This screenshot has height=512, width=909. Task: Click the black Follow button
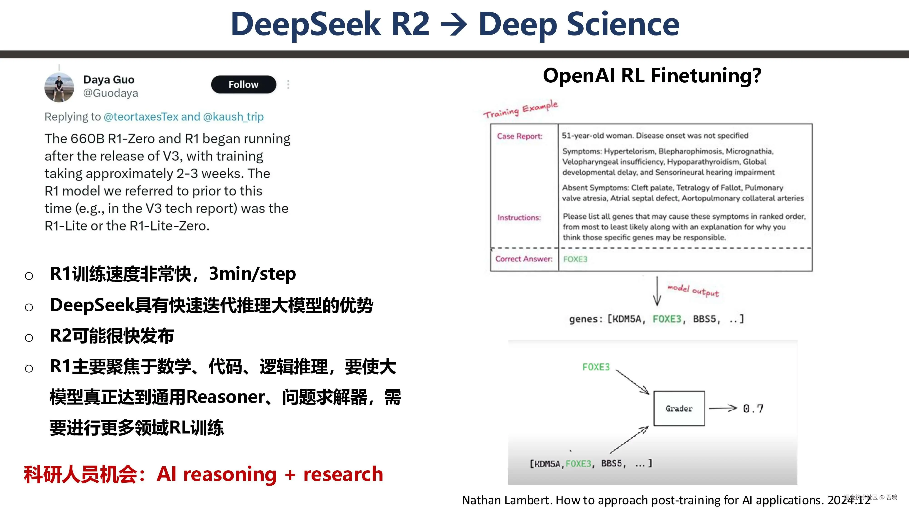point(243,84)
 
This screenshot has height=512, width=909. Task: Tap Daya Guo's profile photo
point(59,87)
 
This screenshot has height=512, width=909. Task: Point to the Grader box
point(679,408)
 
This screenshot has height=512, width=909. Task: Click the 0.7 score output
point(753,409)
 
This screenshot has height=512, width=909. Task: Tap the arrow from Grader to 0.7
point(723,408)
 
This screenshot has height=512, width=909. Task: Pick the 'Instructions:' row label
point(519,217)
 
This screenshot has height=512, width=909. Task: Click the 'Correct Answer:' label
point(524,259)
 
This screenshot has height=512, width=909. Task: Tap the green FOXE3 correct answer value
point(575,259)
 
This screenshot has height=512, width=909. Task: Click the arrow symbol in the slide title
point(454,25)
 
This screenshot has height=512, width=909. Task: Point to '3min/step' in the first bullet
point(252,274)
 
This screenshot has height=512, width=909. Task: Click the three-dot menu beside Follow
point(288,84)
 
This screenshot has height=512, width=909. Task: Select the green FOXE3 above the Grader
point(596,367)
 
